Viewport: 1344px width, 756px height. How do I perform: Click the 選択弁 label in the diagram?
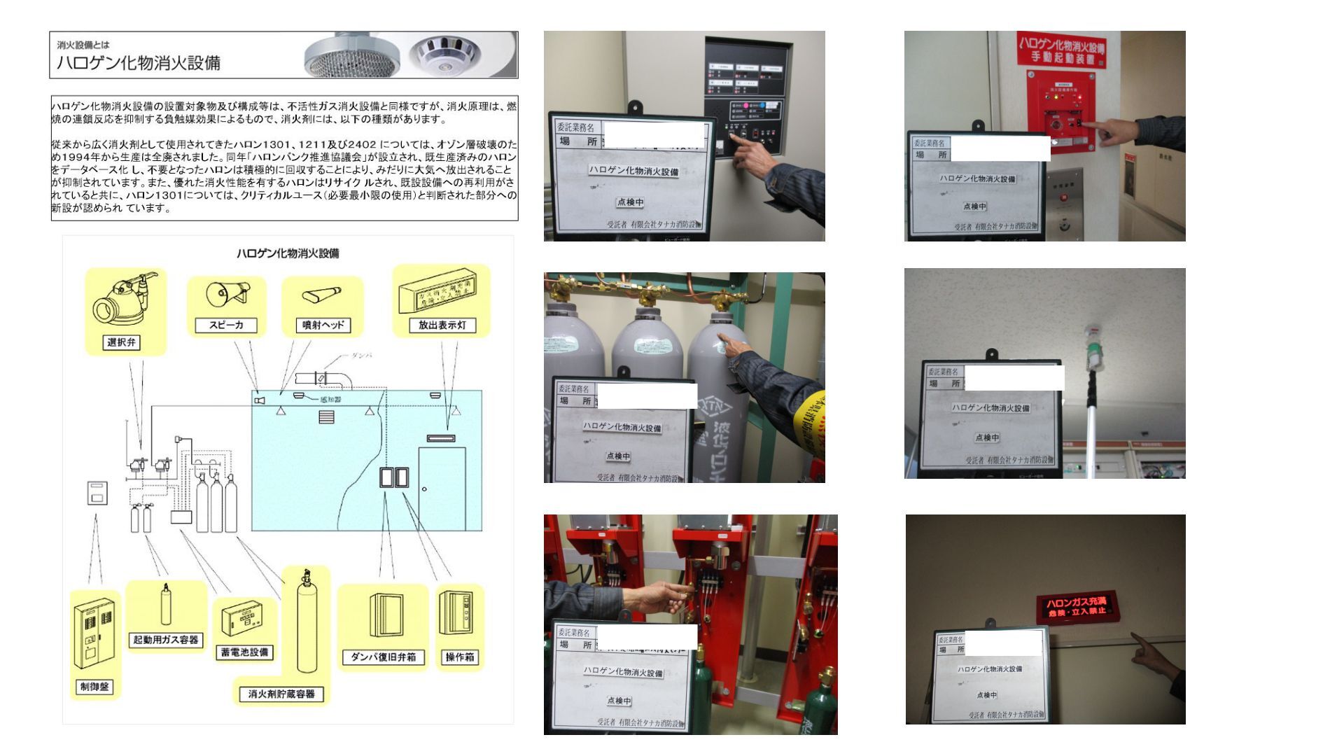click(122, 342)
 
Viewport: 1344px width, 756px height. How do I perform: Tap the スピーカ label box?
click(226, 325)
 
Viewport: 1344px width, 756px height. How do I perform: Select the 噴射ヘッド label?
click(322, 325)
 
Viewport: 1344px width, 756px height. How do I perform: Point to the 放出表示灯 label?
click(442, 325)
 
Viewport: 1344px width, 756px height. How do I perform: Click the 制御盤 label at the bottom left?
click(94, 687)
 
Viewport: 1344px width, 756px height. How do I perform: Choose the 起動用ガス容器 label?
click(166, 639)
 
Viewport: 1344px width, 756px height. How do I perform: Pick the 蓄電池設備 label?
click(244, 652)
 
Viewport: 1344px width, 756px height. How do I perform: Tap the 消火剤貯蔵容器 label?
click(281, 694)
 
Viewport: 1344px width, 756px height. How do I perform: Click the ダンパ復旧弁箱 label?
click(383, 657)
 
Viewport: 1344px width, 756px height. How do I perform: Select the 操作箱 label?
click(460, 657)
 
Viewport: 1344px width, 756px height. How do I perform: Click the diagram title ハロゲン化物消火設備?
click(288, 253)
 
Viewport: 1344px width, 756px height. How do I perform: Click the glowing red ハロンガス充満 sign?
click(1076, 606)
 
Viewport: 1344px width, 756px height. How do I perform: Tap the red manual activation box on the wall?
click(1060, 111)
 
